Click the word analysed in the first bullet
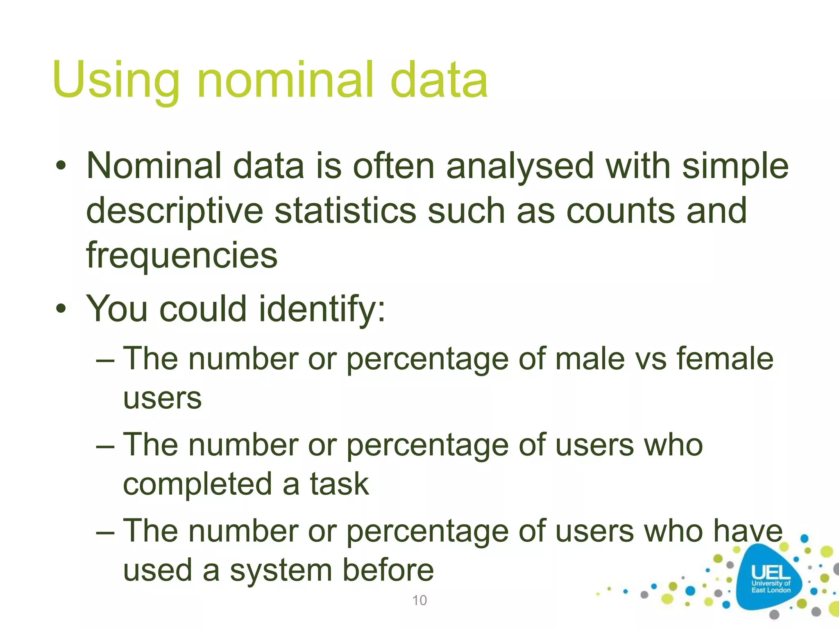tap(519, 166)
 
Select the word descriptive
tap(175, 211)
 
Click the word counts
tap(620, 211)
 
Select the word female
tap(724, 359)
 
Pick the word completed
tap(197, 484)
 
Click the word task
tap(339, 484)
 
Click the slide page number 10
tap(419, 600)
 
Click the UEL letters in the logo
tap(771, 572)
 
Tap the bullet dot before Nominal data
tap(61, 166)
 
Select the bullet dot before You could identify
tap(61, 309)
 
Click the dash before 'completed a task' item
tap(105, 446)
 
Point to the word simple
tap(735, 166)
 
